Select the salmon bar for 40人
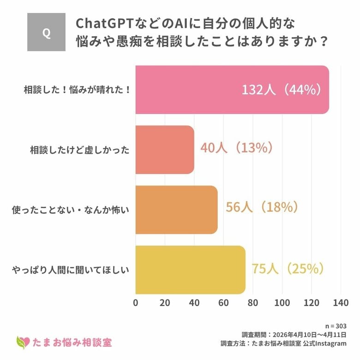[164, 150]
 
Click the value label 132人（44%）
[281, 90]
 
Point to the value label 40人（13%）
[237, 148]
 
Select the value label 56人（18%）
[261, 208]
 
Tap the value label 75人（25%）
[288, 268]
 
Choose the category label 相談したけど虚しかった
[80, 150]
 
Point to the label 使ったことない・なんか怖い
[70, 210]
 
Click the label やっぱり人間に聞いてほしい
[70, 270]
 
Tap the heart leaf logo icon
[22, 342]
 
